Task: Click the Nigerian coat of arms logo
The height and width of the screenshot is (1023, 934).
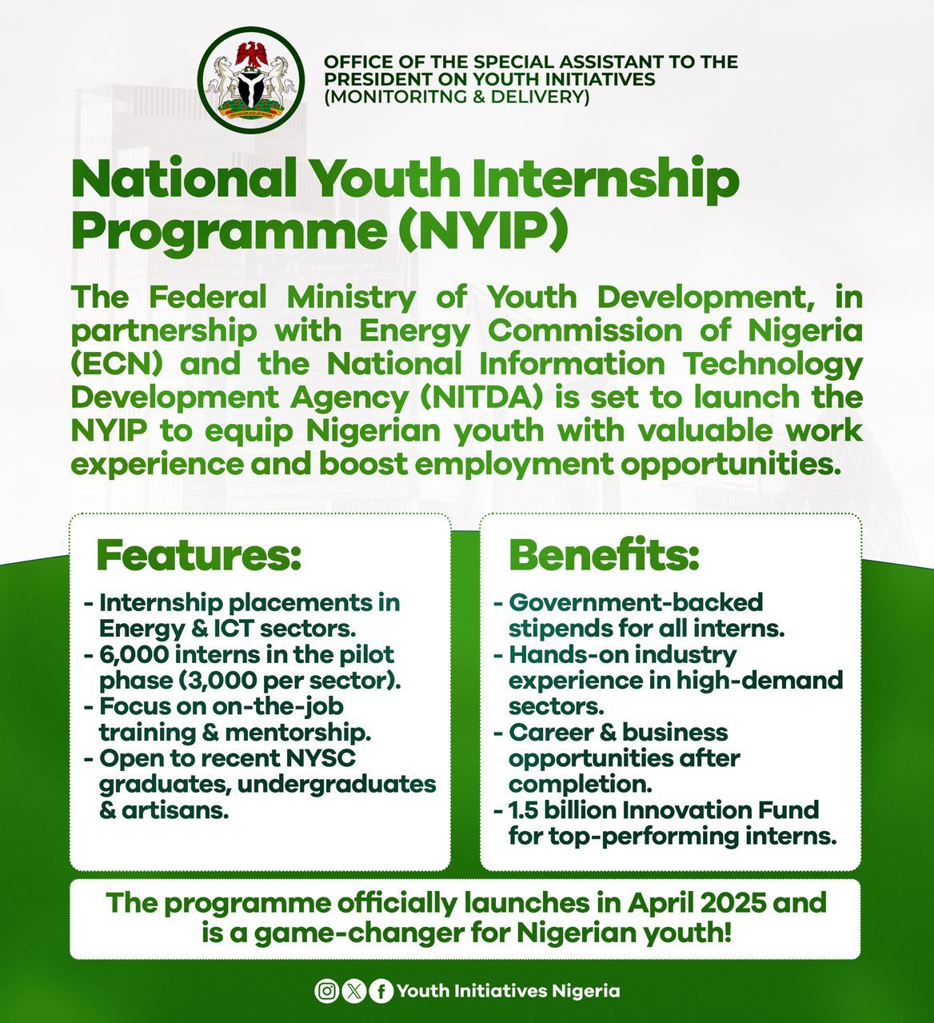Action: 251,80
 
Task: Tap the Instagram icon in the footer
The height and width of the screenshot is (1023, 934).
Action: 326,991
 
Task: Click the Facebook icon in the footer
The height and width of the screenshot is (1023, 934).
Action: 381,991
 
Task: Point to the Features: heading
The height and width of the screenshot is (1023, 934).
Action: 198,556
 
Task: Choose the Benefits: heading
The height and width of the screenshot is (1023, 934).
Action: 604,556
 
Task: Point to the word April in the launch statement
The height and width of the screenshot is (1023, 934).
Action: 628,903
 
